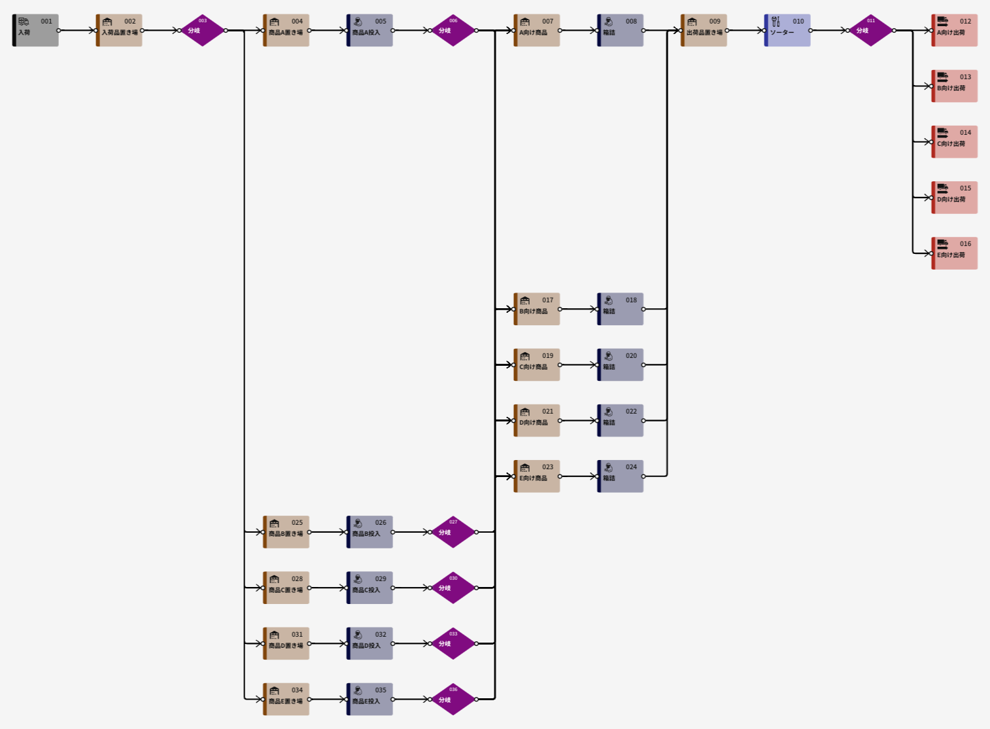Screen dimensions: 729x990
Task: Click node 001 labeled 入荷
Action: pyautogui.click(x=36, y=30)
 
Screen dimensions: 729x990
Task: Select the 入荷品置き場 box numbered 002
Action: pyautogui.click(x=119, y=30)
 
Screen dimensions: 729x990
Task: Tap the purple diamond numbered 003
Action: pyautogui.click(x=203, y=30)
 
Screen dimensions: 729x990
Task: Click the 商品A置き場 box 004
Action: pyautogui.click(x=286, y=30)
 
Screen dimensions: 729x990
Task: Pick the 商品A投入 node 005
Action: pyautogui.click(x=370, y=30)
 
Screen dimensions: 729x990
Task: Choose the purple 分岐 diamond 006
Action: pyautogui.click(x=453, y=30)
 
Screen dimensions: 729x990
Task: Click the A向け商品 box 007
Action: pyautogui.click(x=537, y=30)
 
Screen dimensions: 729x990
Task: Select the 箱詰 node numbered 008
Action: pyautogui.click(x=621, y=30)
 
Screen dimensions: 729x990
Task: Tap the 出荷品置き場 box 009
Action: pyautogui.click(x=704, y=30)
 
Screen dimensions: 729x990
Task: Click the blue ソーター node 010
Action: pyautogui.click(x=787, y=30)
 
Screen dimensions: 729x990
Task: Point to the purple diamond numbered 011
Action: pyautogui.click(x=871, y=30)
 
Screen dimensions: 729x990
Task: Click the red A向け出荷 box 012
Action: pyautogui.click(x=955, y=30)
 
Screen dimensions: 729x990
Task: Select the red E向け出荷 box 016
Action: pyautogui.click(x=955, y=253)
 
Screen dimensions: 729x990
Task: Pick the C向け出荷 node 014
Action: pyautogui.click(x=955, y=141)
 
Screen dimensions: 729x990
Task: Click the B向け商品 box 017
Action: pyautogui.click(x=537, y=309)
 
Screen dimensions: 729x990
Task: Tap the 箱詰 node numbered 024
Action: pyautogui.click(x=621, y=476)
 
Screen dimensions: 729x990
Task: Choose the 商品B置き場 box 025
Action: pyautogui.click(x=286, y=532)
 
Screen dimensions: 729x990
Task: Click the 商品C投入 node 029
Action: pyautogui.click(x=370, y=588)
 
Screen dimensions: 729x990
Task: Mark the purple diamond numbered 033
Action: pyautogui.click(x=453, y=643)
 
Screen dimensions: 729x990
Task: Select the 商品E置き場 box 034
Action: pyautogui.click(x=286, y=699)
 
